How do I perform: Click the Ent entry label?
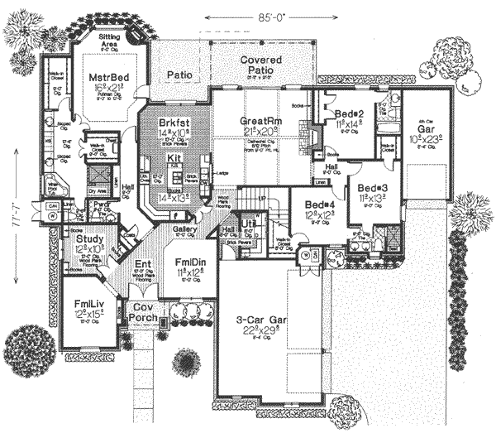tap(142, 266)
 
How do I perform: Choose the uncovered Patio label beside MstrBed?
tap(179, 75)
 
